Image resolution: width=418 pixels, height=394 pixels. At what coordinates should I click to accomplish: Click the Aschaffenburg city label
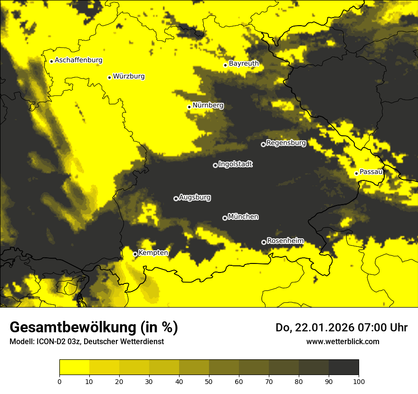click(78, 60)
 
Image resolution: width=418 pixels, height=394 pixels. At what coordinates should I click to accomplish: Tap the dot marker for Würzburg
click(109, 77)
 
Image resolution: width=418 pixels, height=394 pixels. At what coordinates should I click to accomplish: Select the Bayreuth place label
click(244, 63)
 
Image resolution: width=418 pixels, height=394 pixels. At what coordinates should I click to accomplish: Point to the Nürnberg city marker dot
click(189, 107)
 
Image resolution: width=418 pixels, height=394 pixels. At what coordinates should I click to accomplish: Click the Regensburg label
click(286, 142)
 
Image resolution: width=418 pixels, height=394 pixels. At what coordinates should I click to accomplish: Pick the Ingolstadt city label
click(235, 164)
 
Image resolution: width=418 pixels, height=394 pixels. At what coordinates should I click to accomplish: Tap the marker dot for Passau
click(356, 173)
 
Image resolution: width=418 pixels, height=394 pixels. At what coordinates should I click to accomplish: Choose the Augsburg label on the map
click(195, 197)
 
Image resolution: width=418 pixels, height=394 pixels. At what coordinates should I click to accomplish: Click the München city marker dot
click(225, 218)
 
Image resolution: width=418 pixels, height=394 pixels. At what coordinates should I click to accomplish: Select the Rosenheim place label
click(285, 241)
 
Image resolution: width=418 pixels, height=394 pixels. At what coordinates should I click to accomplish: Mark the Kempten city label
click(153, 253)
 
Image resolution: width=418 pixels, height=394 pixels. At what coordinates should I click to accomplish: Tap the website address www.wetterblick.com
click(342, 341)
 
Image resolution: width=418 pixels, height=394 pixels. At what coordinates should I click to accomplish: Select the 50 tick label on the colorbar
click(209, 381)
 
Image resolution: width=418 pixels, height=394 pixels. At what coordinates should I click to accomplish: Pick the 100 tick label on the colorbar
click(358, 381)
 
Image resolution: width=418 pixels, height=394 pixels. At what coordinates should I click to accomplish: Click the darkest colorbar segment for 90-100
click(343, 367)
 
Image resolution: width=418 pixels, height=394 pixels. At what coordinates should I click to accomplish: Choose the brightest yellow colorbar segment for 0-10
click(74, 367)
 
